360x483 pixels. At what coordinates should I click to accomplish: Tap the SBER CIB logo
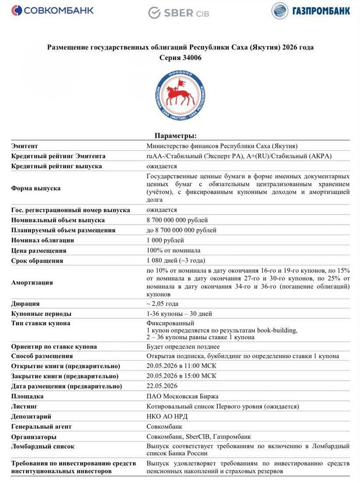[x=178, y=13]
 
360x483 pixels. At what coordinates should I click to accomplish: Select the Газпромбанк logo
[x=310, y=11]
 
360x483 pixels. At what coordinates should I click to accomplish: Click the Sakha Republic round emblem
[x=180, y=95]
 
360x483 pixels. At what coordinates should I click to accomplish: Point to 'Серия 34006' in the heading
[x=180, y=57]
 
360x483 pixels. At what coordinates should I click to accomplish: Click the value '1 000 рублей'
[x=165, y=240]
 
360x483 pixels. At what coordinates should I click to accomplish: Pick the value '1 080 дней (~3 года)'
[x=177, y=261]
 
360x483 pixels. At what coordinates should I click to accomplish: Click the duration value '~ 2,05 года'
[x=163, y=304]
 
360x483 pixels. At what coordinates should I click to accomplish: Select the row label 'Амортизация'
[x=32, y=282]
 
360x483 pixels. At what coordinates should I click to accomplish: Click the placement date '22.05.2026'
[x=162, y=386]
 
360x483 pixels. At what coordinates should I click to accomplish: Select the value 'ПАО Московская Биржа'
[x=182, y=396]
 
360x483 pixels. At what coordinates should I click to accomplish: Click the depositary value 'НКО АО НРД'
[x=167, y=416]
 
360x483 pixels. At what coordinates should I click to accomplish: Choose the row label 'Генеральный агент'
[x=41, y=426]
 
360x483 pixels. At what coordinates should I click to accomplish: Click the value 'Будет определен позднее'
[x=183, y=346]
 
